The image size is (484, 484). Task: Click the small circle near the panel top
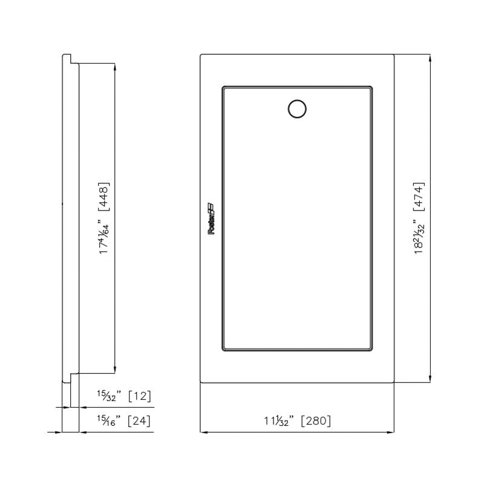[296, 108]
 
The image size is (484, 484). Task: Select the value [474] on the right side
[419, 196]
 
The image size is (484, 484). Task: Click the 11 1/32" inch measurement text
[278, 421]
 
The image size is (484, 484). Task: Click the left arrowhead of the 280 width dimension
[204, 432]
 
